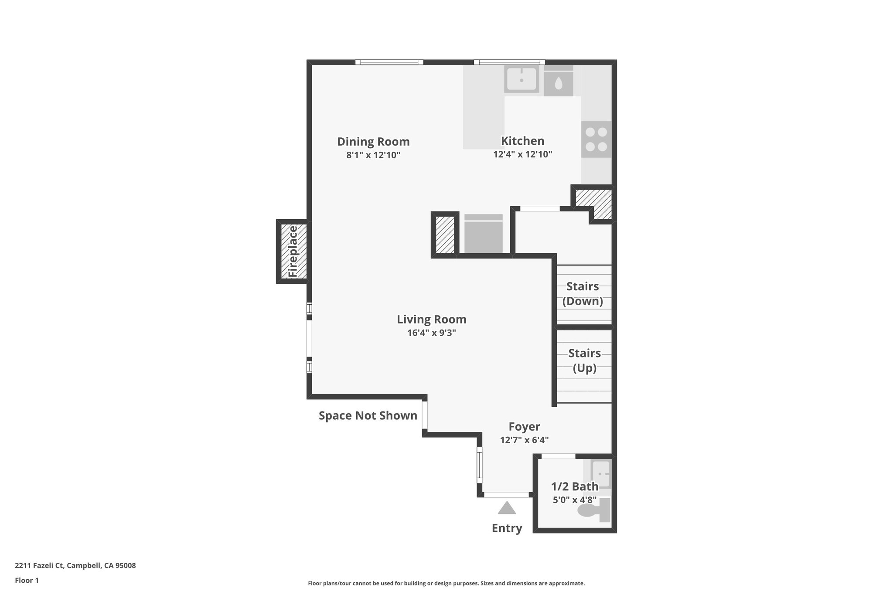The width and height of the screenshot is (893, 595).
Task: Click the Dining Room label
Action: pyautogui.click(x=373, y=142)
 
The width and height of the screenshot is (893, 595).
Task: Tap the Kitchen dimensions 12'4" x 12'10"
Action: pyautogui.click(x=522, y=154)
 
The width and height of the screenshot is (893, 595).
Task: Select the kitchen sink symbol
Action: pyautogui.click(x=521, y=79)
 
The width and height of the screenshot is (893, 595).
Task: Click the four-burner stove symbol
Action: pyautogui.click(x=596, y=139)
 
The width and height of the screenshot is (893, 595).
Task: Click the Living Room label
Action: pyautogui.click(x=431, y=320)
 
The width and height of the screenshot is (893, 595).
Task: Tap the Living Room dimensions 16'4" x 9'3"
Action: pyautogui.click(x=431, y=333)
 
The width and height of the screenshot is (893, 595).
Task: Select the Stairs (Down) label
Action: pyautogui.click(x=583, y=294)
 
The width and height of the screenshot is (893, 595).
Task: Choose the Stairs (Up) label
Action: pyautogui.click(x=584, y=360)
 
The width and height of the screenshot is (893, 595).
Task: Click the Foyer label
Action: pyautogui.click(x=524, y=427)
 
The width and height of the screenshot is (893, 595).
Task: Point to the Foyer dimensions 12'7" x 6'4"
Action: pyautogui.click(x=524, y=440)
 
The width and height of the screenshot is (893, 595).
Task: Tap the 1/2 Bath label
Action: pyautogui.click(x=574, y=486)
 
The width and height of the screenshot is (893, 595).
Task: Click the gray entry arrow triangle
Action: pyautogui.click(x=507, y=508)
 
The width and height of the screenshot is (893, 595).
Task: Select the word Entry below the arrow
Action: pyautogui.click(x=507, y=528)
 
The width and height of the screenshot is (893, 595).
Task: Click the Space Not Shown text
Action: pyautogui.click(x=368, y=416)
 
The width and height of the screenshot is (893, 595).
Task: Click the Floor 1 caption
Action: pyautogui.click(x=27, y=581)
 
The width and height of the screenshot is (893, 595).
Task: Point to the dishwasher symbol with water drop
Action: pyautogui.click(x=558, y=82)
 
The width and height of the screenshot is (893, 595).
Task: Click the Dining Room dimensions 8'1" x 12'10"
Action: pyautogui.click(x=373, y=155)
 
